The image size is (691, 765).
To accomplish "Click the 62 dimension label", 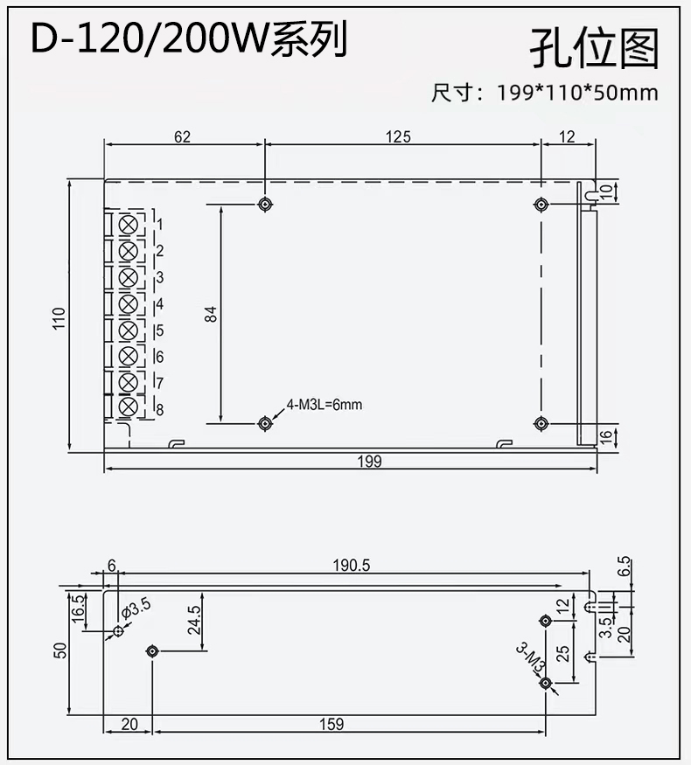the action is [182, 137].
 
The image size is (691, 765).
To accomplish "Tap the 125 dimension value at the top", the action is [398, 137].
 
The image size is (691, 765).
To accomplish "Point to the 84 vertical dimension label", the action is [210, 314].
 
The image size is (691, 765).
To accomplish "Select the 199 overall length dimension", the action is [369, 461].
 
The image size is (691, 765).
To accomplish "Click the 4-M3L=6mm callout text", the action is [325, 405].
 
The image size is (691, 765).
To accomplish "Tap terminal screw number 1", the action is [129, 225].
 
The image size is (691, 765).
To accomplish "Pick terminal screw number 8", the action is [129, 407].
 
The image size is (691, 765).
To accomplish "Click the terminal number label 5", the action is [159, 330].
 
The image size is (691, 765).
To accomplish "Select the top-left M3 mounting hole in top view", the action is [265, 205].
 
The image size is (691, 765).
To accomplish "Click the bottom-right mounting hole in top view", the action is [541, 423].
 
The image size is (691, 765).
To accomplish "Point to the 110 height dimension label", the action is [59, 318].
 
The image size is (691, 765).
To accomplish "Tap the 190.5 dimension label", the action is [352, 566].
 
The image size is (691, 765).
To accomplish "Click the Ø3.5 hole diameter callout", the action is [136, 609].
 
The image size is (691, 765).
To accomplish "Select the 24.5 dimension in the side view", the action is [194, 620].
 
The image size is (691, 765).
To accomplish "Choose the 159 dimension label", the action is [332, 724].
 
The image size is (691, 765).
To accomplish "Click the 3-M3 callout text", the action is [530, 658].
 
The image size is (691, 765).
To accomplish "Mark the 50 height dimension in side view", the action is [60, 650].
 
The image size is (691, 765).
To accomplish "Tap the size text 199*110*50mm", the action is [578, 93].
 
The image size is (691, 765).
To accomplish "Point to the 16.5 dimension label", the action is [78, 609].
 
